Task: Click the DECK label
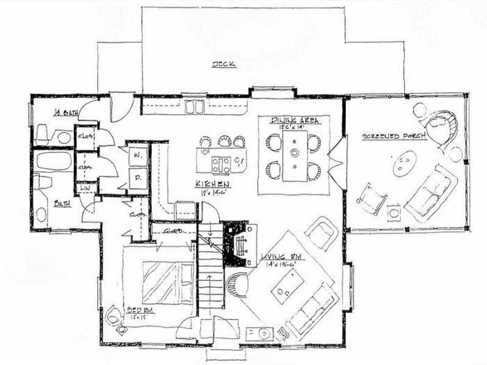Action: click(x=224, y=64)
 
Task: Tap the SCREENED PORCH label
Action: click(x=394, y=136)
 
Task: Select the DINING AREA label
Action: click(x=294, y=120)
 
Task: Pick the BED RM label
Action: click(x=141, y=310)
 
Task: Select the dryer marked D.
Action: click(x=138, y=177)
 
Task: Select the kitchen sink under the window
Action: click(x=194, y=107)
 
